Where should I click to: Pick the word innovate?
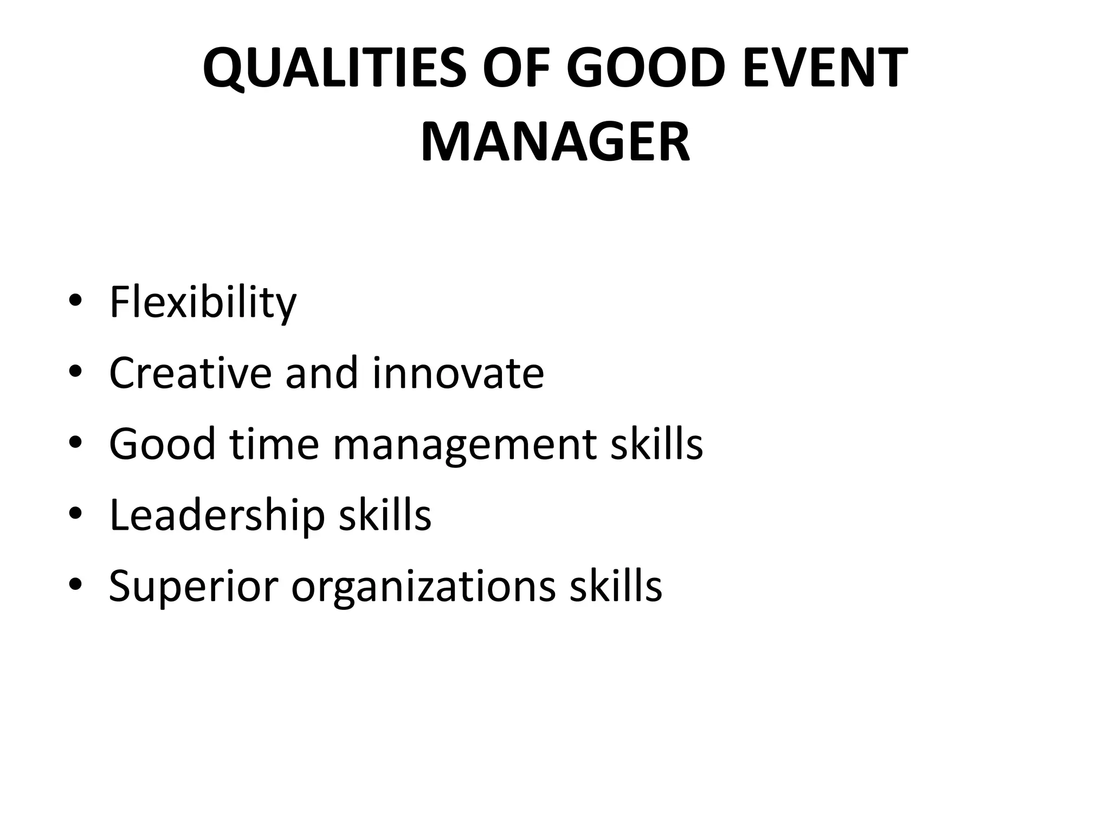coord(458,373)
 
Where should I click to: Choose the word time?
coord(274,444)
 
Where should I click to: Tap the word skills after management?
coord(656,444)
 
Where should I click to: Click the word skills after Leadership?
coord(385,515)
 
